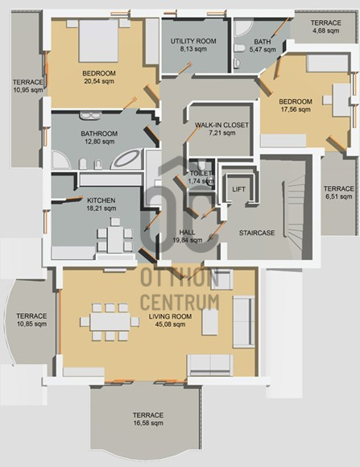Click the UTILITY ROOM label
coord(193,41)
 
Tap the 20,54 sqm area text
coord(99,81)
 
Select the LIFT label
coord(238,189)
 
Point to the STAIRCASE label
coord(257,233)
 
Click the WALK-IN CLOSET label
coord(221,125)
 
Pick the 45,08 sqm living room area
coord(170,324)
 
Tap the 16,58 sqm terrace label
coord(148,423)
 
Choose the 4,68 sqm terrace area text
coord(325,31)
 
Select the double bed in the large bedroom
coord(98,41)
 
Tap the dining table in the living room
coord(110,321)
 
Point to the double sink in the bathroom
coord(89,116)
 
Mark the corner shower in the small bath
coord(242,28)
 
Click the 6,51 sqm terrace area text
coord(339,196)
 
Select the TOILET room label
coord(201,173)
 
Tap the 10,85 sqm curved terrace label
coord(31,324)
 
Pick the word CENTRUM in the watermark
coord(180,302)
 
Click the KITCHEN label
coord(101,200)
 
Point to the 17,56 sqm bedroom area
coord(296,110)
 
